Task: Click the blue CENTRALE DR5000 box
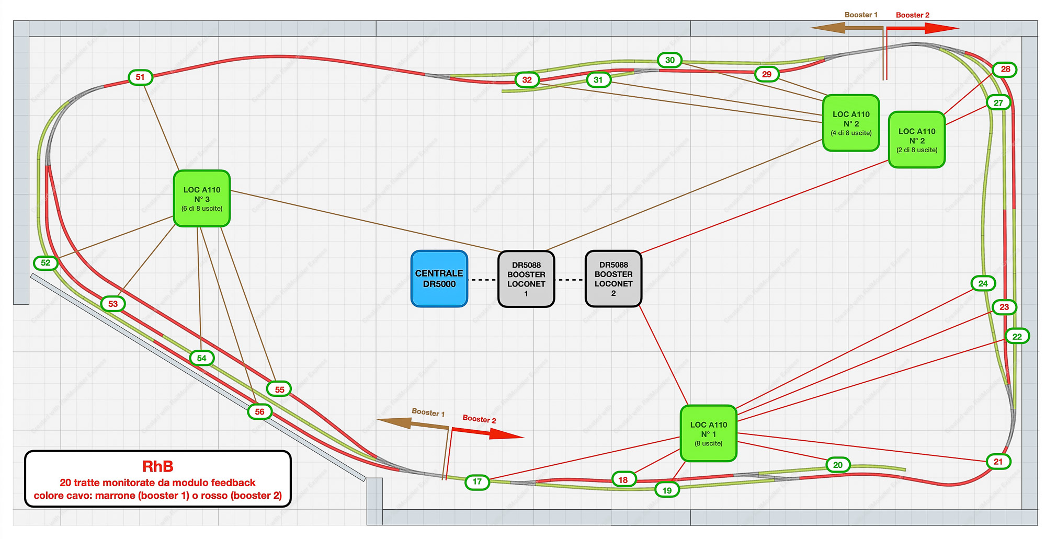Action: click(439, 279)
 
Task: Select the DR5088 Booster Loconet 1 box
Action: click(526, 279)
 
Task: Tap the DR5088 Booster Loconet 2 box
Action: click(613, 279)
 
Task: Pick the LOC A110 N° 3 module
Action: click(202, 199)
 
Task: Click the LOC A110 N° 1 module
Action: click(709, 433)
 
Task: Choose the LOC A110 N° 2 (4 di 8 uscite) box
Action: click(851, 123)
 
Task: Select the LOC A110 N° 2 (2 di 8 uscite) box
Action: click(917, 140)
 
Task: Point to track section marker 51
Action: click(140, 77)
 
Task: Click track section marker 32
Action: click(527, 79)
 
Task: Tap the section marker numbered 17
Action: click(477, 481)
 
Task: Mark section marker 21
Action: click(998, 462)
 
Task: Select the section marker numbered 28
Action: click(1005, 69)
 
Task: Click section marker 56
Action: click(260, 411)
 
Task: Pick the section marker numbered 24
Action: click(983, 283)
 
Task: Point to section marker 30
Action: click(670, 60)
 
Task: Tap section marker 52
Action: click(46, 262)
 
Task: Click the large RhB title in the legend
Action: click(157, 466)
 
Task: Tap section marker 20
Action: click(838, 465)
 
